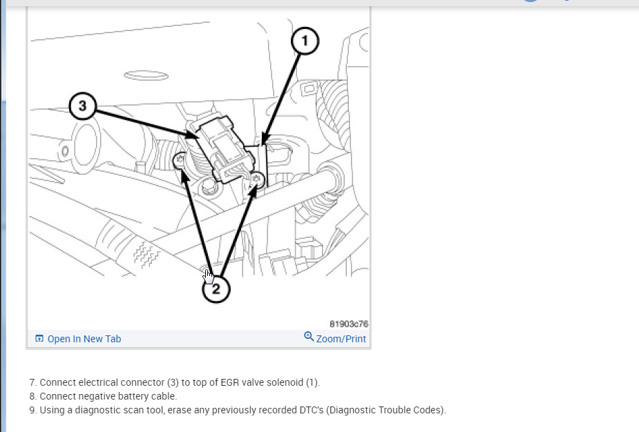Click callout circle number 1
pyautogui.click(x=305, y=41)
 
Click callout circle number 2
pyautogui.click(x=216, y=289)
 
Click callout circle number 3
pyautogui.click(x=83, y=106)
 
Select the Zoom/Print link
pyautogui.click(x=341, y=339)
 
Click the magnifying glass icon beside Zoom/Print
pyautogui.click(x=309, y=337)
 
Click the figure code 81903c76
pyautogui.click(x=349, y=324)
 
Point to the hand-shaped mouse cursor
pyautogui.click(x=208, y=275)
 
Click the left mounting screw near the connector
pyautogui.click(x=180, y=160)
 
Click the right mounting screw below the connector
pyautogui.click(x=257, y=178)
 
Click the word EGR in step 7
pyautogui.click(x=230, y=382)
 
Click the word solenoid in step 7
pyautogui.click(x=287, y=382)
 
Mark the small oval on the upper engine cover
pyautogui.click(x=146, y=75)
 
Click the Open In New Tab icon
pyautogui.click(x=39, y=338)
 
